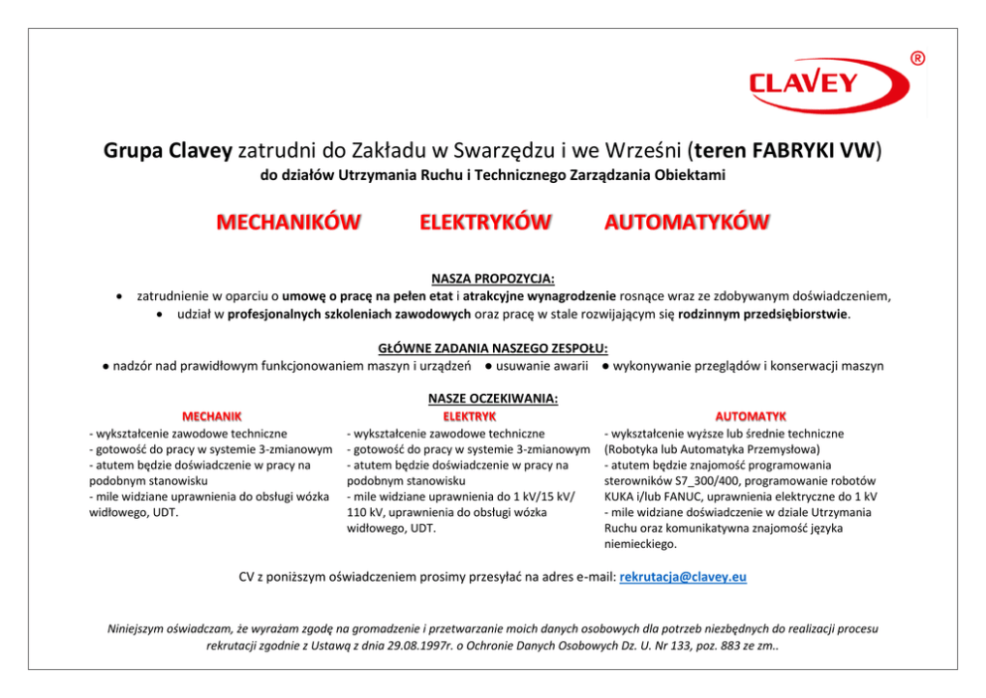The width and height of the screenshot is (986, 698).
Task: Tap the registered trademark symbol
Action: point(916,59)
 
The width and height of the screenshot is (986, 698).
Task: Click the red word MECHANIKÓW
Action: point(288,222)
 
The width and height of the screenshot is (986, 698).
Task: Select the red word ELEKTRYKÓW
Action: point(485,222)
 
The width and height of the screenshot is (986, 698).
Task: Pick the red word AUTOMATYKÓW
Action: point(687,222)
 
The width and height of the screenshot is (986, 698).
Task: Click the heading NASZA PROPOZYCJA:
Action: point(493,278)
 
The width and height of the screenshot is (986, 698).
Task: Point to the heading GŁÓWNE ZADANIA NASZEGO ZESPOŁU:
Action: point(493,348)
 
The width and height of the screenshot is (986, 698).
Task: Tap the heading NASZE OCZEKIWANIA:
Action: point(493,399)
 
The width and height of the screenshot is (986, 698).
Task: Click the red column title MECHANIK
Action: point(212,416)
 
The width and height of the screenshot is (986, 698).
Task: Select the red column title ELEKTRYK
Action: point(469,416)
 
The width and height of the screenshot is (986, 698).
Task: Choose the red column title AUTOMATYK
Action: point(750,416)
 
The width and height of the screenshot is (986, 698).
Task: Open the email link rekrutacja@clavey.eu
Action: point(683,577)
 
